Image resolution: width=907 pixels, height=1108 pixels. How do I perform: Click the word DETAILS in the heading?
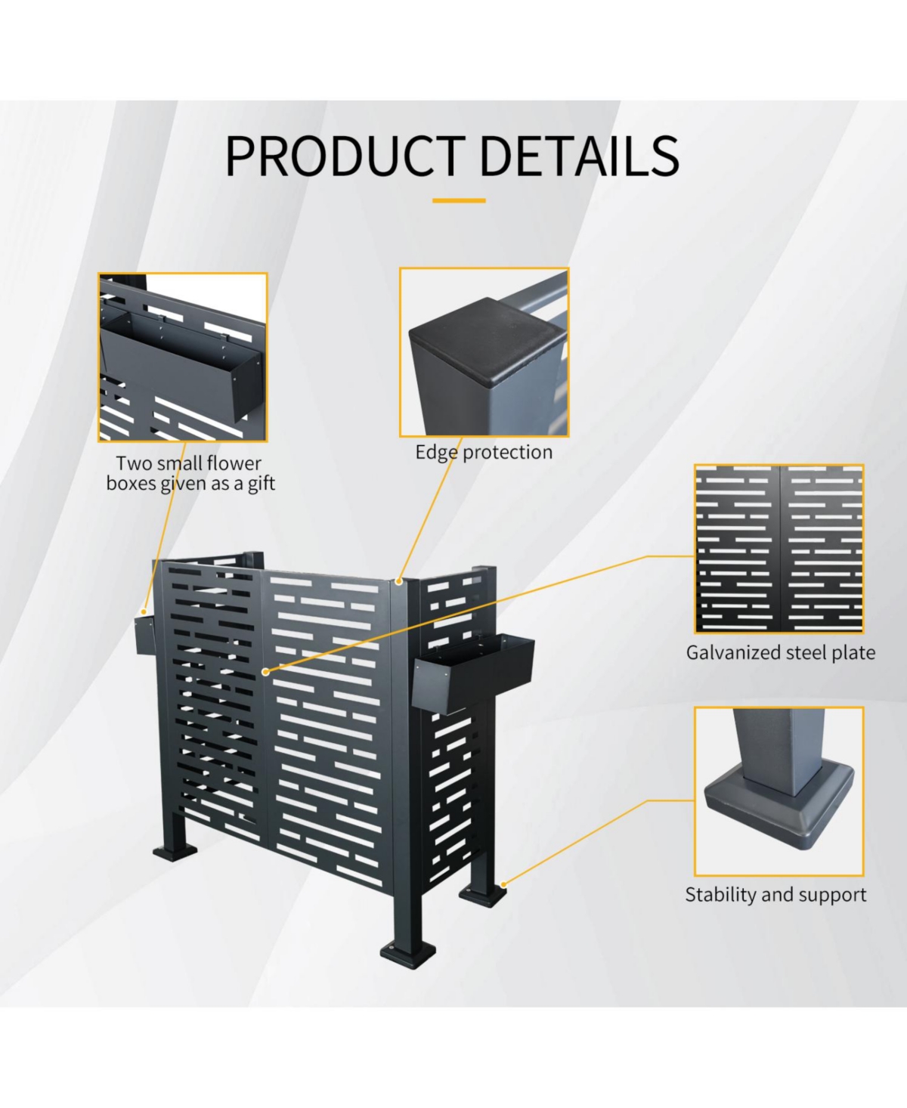580,156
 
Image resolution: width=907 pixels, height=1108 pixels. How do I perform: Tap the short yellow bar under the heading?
459,200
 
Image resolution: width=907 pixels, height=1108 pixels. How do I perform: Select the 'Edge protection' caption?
484,452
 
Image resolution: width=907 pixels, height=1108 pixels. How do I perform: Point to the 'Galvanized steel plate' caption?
780,652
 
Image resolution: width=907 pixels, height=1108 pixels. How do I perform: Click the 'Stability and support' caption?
775,894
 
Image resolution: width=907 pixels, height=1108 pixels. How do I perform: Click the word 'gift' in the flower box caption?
261,484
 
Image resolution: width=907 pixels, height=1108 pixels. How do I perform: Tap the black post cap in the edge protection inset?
488,337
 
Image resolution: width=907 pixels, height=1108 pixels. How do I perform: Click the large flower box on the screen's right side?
473,673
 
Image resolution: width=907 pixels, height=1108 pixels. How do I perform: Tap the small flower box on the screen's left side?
145,635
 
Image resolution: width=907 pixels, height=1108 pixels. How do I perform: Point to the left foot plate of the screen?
175,851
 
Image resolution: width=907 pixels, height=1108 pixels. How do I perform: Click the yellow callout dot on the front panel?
265,671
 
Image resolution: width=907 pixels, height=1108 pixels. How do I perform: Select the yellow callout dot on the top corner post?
399,581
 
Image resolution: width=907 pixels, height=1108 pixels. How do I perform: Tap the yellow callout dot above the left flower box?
144,612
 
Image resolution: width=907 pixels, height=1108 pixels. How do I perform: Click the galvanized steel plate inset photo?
779,549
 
